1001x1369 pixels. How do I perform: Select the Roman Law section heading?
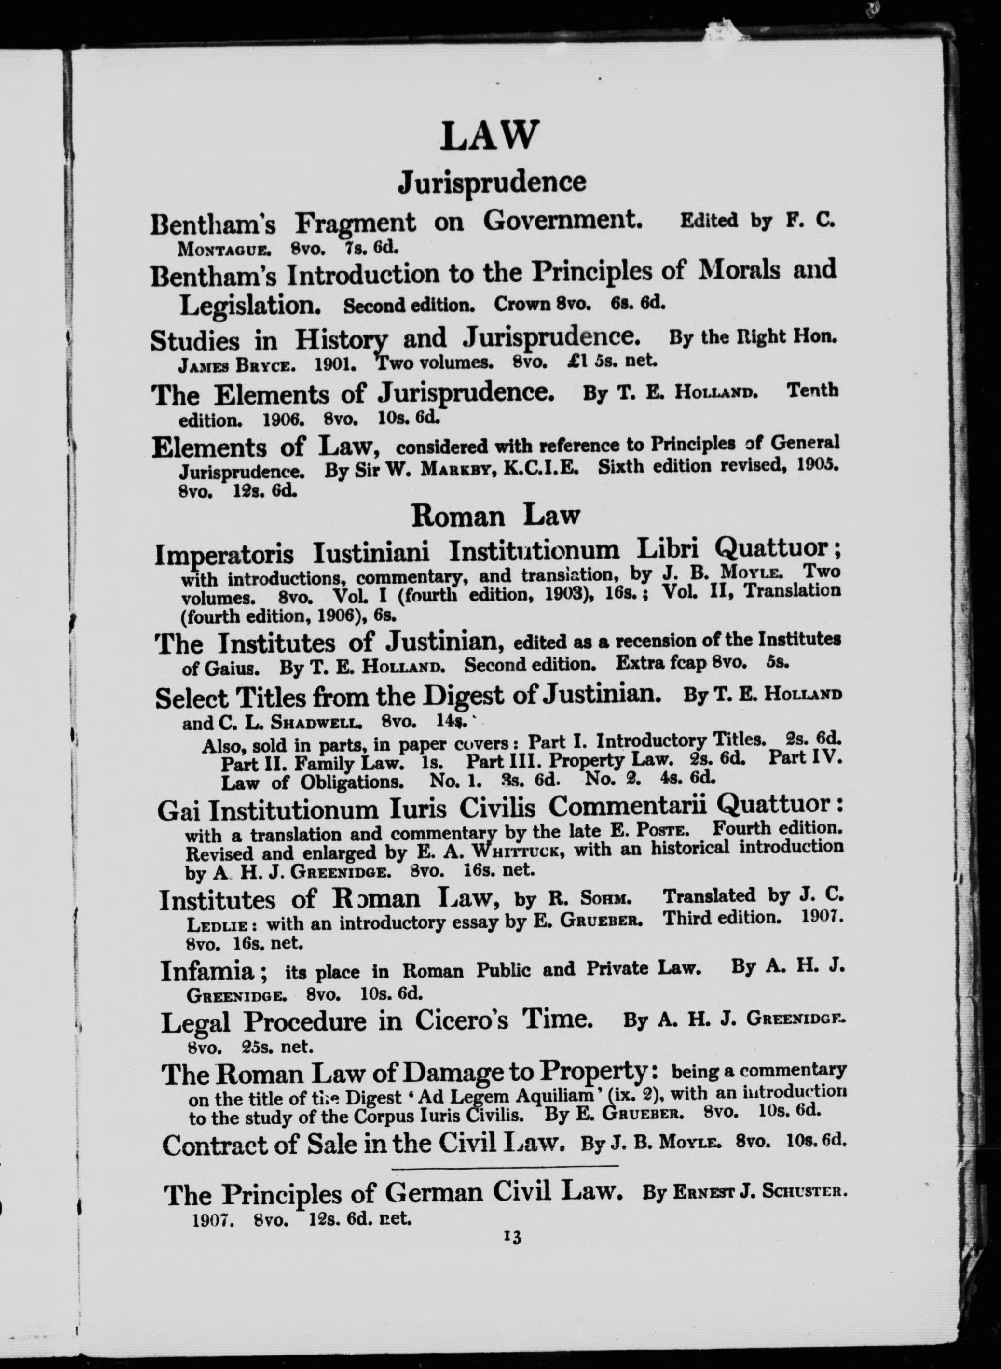[495, 516]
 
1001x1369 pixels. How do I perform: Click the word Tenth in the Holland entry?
[812, 391]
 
